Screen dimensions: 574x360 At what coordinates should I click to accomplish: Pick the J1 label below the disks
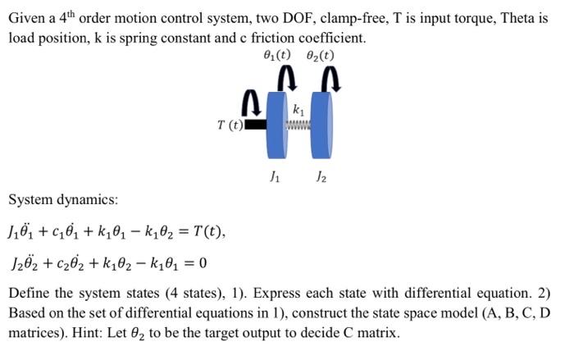274,175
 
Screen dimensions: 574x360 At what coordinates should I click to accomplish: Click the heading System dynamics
63,199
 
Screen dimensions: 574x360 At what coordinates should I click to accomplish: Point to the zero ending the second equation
203,263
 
